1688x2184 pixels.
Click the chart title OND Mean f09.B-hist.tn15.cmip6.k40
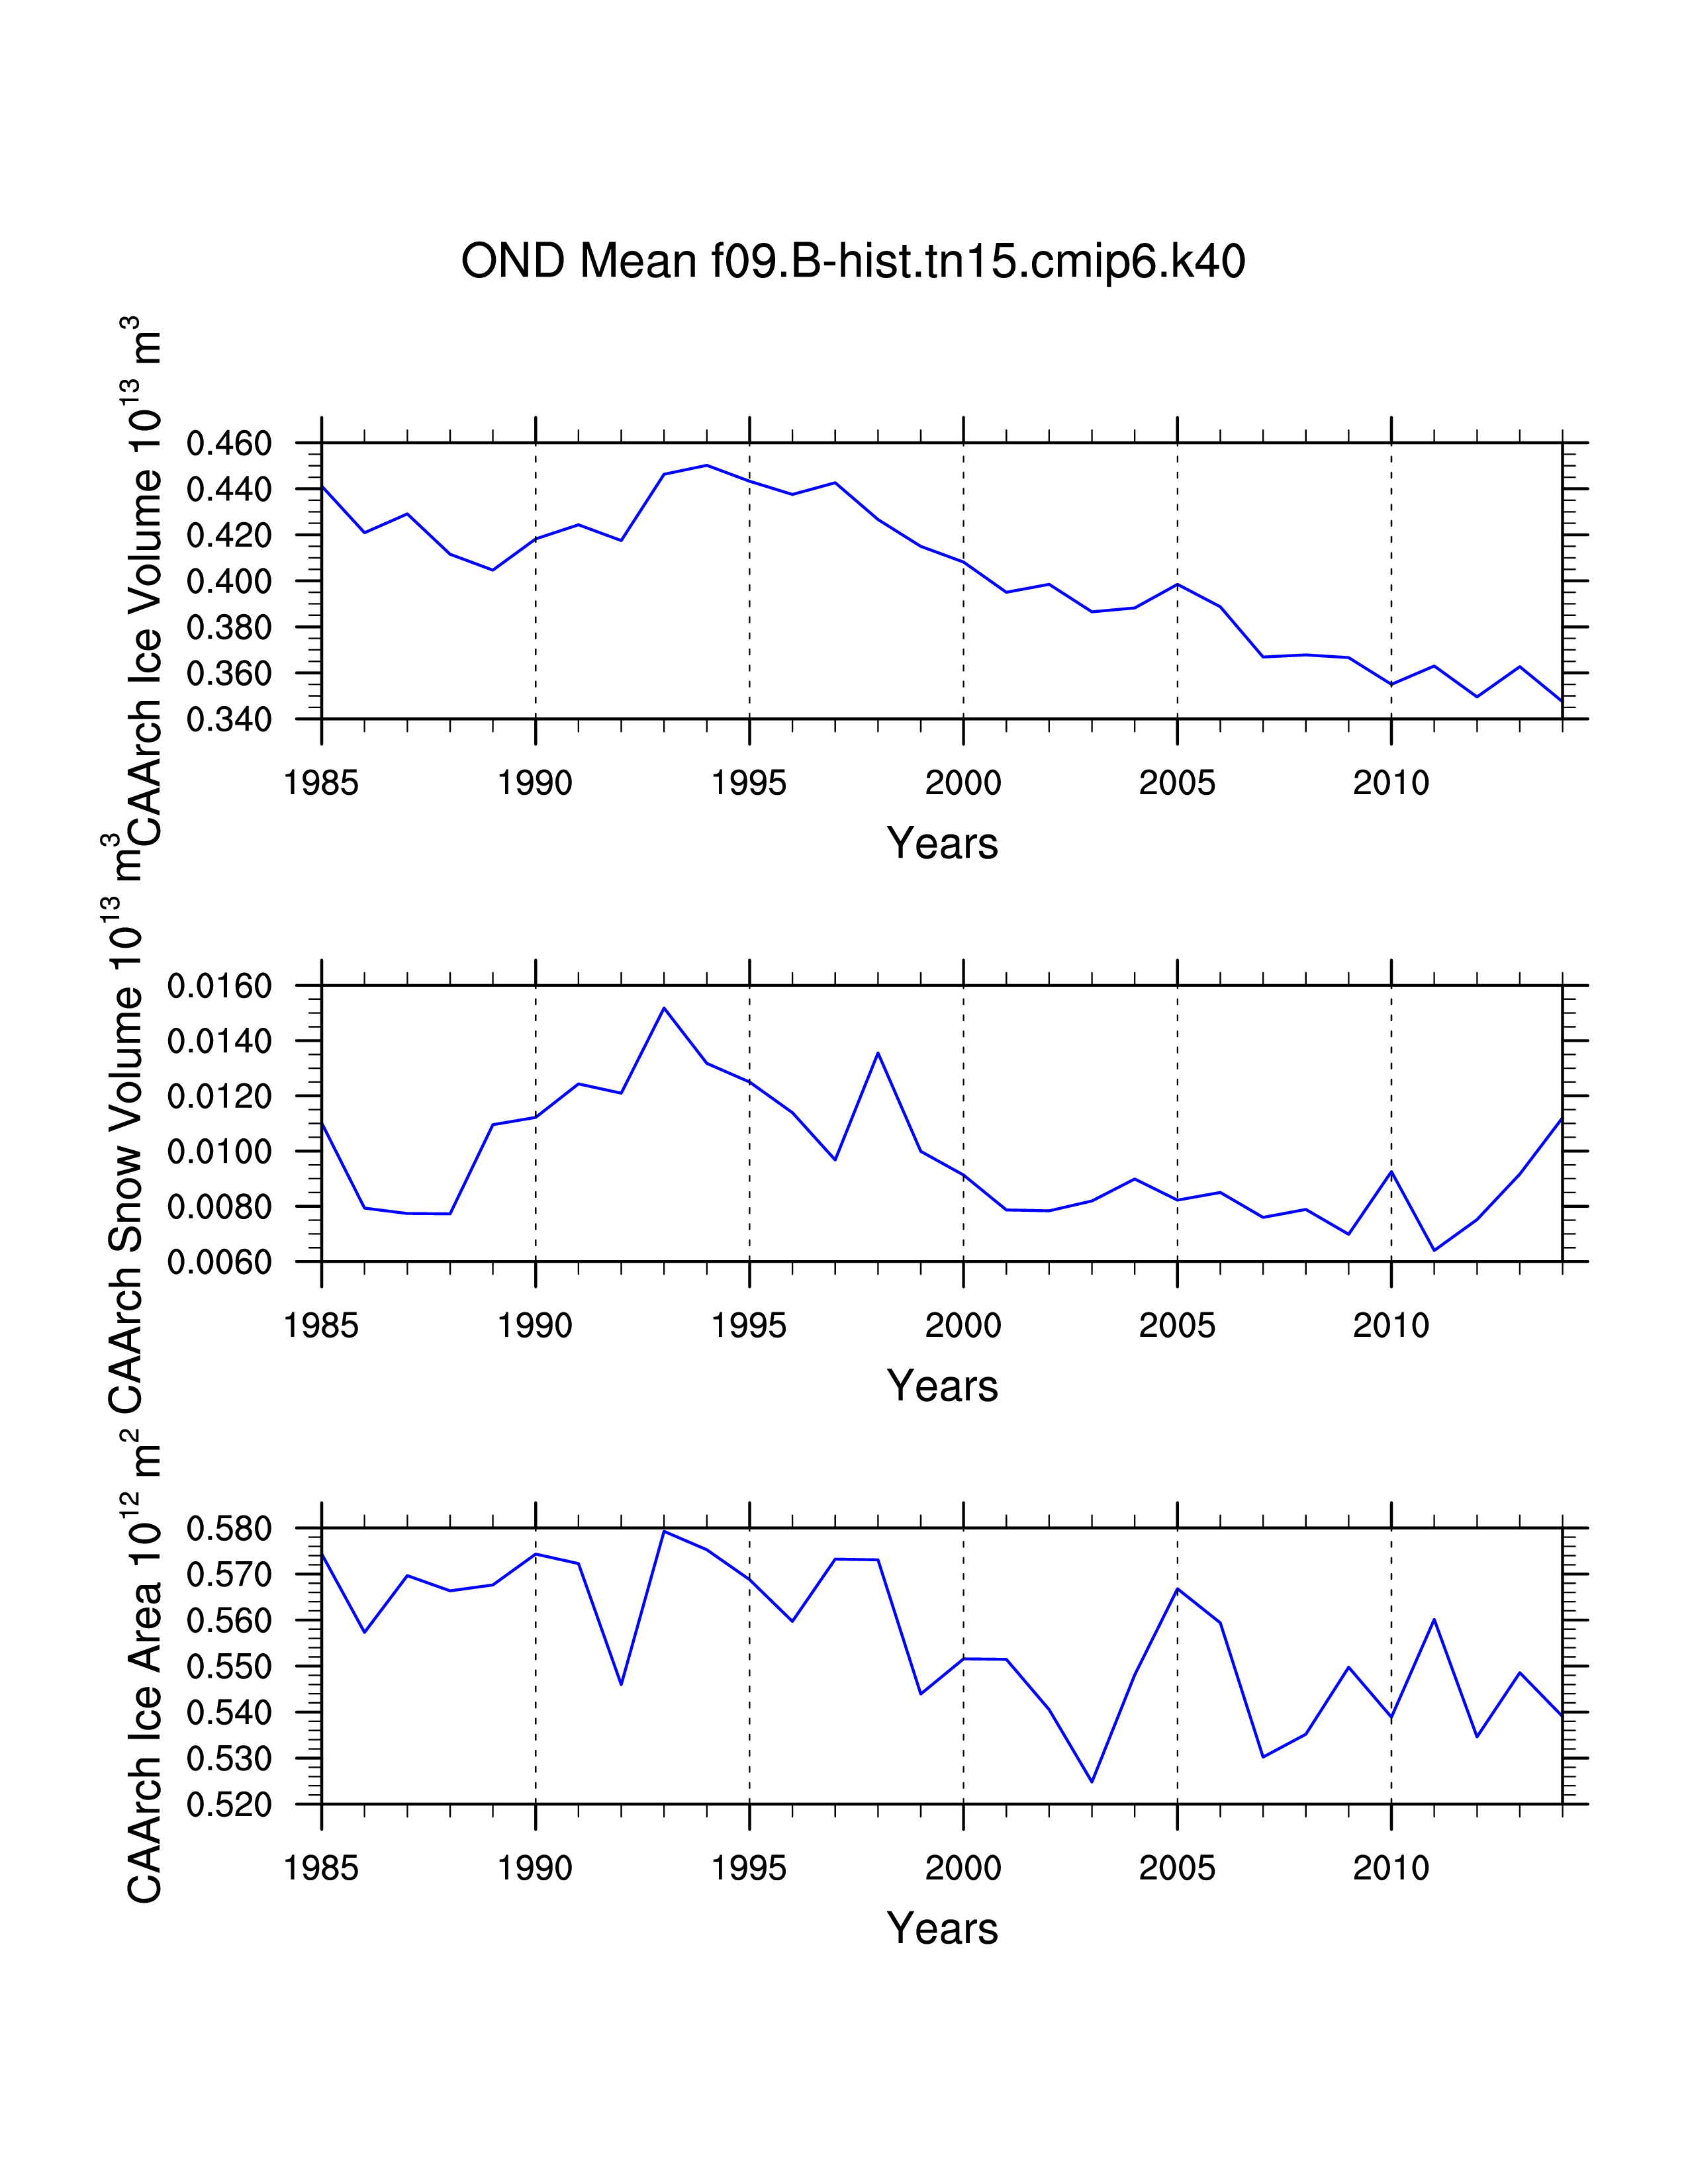pos(853,262)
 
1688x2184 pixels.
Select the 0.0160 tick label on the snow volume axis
pos(219,987)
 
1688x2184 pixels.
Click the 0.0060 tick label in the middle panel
pos(219,1263)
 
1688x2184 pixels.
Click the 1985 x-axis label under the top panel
pos(321,783)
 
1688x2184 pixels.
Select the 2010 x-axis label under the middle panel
pos(1391,1326)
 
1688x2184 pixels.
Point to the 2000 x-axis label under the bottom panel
pos(963,1868)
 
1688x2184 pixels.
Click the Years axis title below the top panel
pos(942,843)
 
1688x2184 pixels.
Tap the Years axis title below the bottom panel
pos(942,1928)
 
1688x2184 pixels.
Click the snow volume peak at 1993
pos(664,1008)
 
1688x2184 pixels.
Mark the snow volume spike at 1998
pos(878,1053)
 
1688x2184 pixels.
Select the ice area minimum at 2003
pos(1092,1781)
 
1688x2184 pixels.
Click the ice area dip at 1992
pos(621,1684)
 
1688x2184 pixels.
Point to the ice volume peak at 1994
pos(707,465)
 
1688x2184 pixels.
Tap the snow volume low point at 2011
pos(1434,1250)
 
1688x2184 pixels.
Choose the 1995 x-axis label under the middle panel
pos(749,1326)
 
